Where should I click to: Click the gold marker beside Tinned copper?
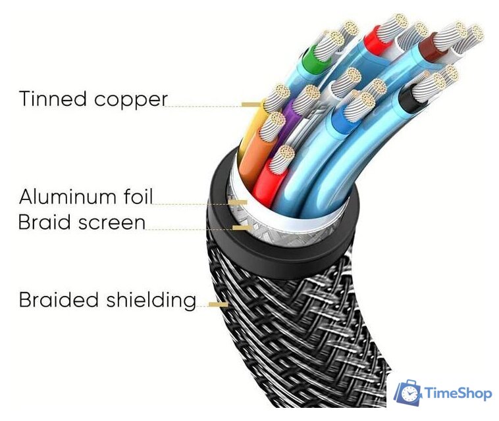click(x=250, y=104)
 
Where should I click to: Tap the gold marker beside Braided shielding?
click(x=219, y=305)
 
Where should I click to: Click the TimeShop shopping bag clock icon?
click(x=408, y=393)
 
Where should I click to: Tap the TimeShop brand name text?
click(x=459, y=393)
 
